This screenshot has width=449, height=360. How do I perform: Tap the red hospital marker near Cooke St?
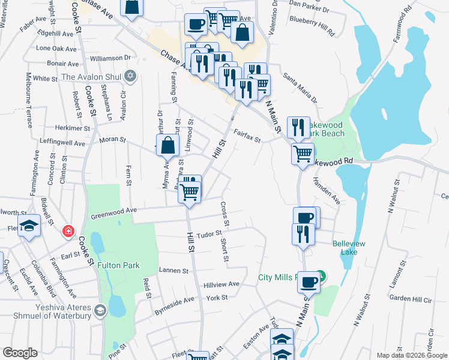[x=69, y=230]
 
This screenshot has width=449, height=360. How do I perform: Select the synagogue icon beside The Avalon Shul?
[x=130, y=77]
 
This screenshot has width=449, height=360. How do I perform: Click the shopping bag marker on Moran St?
[x=168, y=146]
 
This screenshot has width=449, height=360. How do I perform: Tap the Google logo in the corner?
[x=20, y=353]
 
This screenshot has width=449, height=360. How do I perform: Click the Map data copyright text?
[x=411, y=355]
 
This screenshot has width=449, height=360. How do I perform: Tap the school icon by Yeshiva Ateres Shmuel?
[x=100, y=310]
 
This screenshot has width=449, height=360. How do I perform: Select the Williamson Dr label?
[x=110, y=58]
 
